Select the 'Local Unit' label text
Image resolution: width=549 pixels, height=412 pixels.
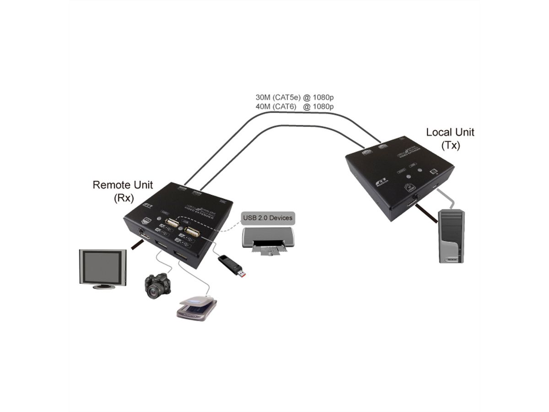pyautogui.click(x=450, y=132)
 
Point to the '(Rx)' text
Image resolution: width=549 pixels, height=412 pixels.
pyautogui.click(x=123, y=198)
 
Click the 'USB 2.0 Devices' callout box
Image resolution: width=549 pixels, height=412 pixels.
pyautogui.click(x=267, y=218)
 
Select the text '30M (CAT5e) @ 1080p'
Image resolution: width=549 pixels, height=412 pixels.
pyautogui.click(x=294, y=97)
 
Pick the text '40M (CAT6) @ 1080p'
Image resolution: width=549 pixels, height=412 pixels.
pyautogui.click(x=294, y=107)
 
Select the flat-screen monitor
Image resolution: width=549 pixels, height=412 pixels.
pyautogui.click(x=102, y=269)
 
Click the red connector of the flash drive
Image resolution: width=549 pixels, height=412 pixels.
pyautogui.click(x=242, y=274)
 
